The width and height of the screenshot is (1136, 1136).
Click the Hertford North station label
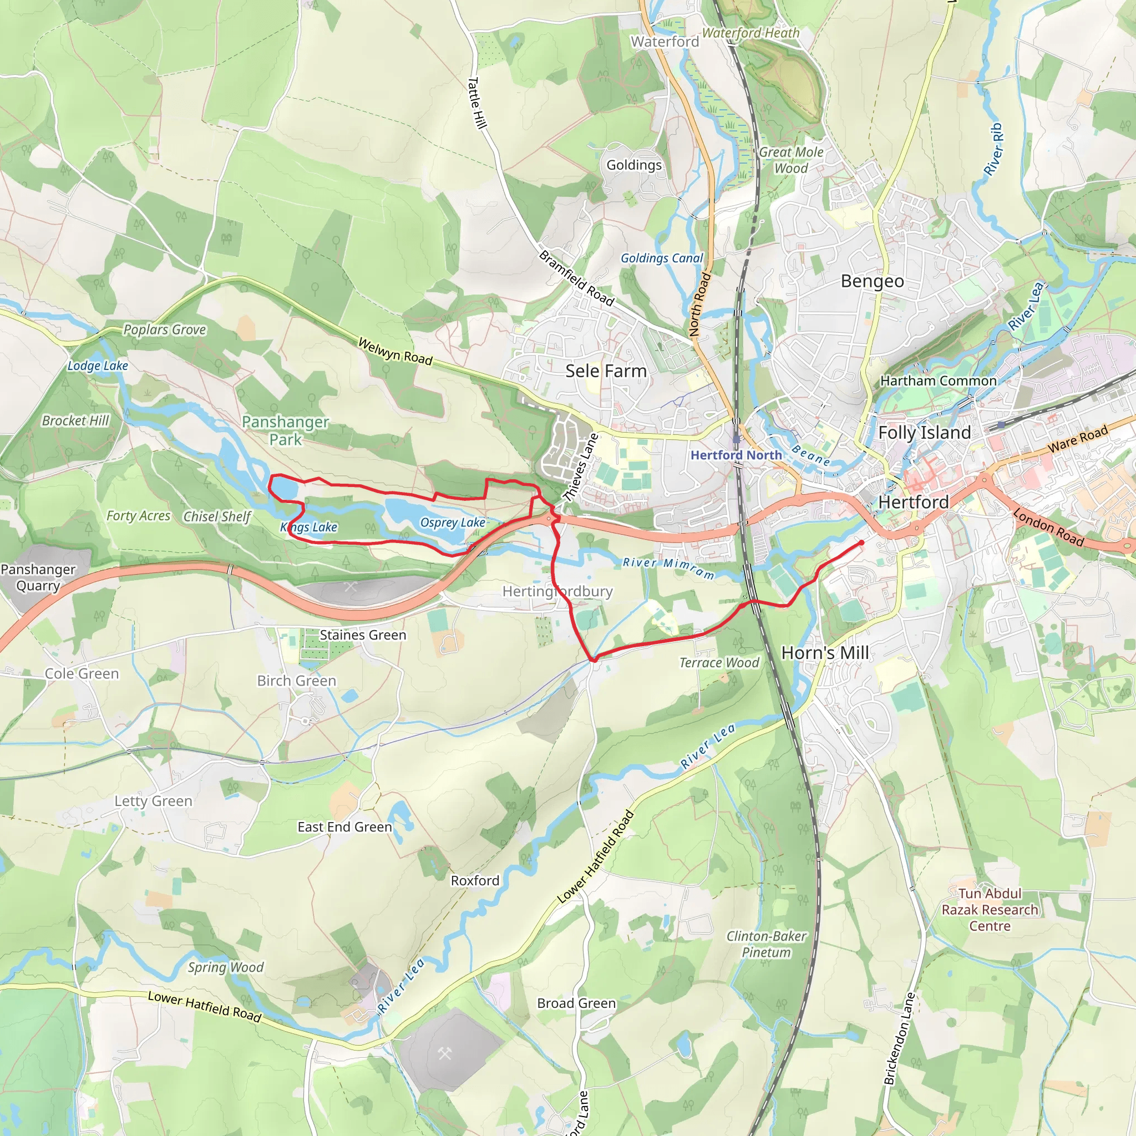(736, 455)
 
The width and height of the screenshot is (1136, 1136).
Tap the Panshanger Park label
(285, 430)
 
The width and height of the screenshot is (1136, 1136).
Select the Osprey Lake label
(452, 523)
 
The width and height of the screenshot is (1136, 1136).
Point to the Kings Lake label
(309, 528)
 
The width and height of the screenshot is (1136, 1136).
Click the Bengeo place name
(872, 281)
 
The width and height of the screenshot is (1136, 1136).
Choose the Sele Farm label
(606, 371)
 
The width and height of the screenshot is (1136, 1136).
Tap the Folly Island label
(924, 433)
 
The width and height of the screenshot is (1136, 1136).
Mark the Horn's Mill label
(824, 653)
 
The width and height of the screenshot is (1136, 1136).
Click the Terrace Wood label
(719, 663)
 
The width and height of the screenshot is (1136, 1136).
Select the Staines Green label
(363, 635)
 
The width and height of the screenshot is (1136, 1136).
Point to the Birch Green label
(296, 681)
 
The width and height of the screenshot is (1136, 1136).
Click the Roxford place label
(475, 880)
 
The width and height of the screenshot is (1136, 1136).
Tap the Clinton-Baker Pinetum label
(766, 944)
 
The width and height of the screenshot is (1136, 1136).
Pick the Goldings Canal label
(662, 258)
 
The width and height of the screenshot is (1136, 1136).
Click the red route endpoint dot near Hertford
(861, 542)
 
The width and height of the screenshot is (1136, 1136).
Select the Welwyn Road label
(395, 352)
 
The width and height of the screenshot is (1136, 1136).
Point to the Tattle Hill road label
(477, 103)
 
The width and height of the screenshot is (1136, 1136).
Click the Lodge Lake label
(98, 366)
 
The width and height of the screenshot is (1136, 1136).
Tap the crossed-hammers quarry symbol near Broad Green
(444, 1054)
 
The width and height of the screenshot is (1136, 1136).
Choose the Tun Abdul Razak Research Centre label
(990, 910)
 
